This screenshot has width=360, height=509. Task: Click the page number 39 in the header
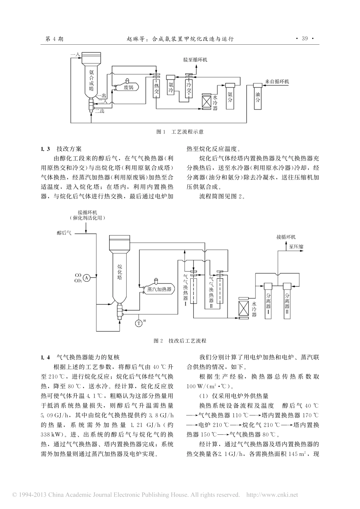[305, 39]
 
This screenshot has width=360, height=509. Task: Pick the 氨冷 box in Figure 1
[171, 88]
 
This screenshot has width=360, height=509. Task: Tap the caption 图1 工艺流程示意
[180, 132]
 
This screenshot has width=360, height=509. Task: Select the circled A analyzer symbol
[86, 278]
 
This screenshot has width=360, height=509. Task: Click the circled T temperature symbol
[139, 323]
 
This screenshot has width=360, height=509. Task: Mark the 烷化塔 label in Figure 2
[119, 272]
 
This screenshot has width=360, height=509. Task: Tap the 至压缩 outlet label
[296, 247]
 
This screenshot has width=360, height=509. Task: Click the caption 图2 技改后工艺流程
[180, 340]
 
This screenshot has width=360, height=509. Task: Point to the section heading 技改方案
[69, 149]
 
